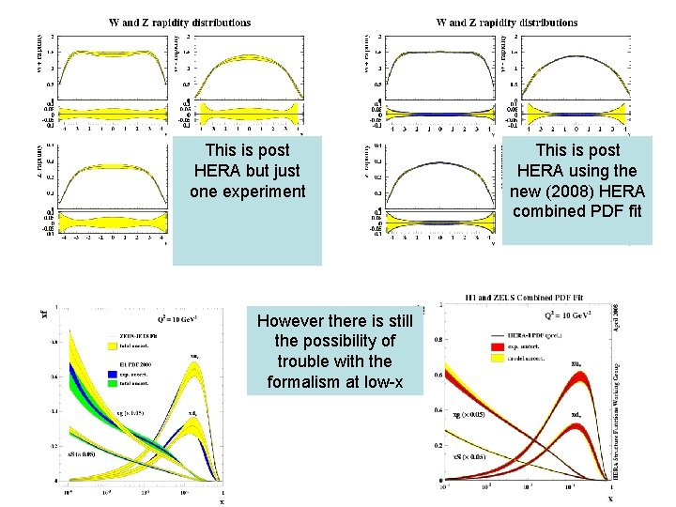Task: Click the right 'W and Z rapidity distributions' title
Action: (507, 23)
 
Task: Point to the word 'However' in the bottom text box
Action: (292, 320)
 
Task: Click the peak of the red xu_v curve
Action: (579, 376)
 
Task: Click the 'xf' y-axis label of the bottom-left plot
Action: (45, 313)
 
